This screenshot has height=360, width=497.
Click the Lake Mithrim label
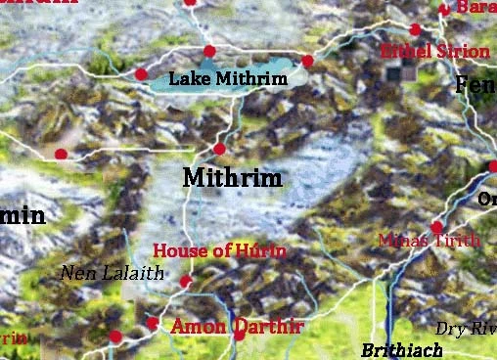pyautogui.click(x=228, y=78)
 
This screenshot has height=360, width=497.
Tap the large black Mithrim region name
pyautogui.click(x=233, y=179)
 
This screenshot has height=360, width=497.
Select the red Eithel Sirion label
pyautogui.click(x=435, y=51)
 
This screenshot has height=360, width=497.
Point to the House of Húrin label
pyautogui.click(x=220, y=251)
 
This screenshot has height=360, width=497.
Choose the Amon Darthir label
pyautogui.click(x=237, y=326)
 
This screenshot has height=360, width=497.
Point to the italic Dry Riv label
pyautogui.click(x=466, y=329)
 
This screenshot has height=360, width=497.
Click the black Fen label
pyautogui.click(x=475, y=85)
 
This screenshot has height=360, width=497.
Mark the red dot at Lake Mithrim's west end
pyautogui.click(x=142, y=73)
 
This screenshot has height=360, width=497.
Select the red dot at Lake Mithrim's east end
pyautogui.click(x=307, y=61)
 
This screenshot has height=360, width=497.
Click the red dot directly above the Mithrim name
pyautogui.click(x=219, y=149)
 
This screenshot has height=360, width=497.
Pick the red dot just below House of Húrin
pyautogui.click(x=186, y=282)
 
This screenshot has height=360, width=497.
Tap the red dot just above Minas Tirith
pyautogui.click(x=436, y=227)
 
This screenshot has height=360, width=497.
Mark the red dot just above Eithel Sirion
pyautogui.click(x=415, y=29)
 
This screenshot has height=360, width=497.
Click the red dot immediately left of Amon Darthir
pyautogui.click(x=152, y=322)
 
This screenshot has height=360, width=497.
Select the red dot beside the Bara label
pyautogui.click(x=444, y=9)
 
